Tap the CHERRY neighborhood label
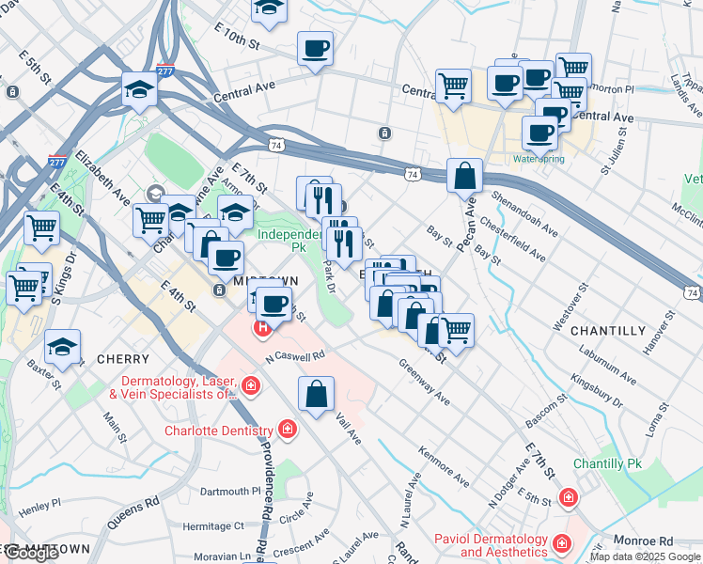pos(122,359)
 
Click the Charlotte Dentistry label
pos(218,431)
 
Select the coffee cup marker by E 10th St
pos(315,49)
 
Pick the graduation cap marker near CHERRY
pos(63,347)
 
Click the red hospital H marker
pos(262,328)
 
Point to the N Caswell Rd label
pos(294,356)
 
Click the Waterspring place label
pos(539,159)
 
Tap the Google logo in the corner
pos(31,553)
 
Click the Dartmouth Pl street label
pos(229,491)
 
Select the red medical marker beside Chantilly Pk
pos(568,497)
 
